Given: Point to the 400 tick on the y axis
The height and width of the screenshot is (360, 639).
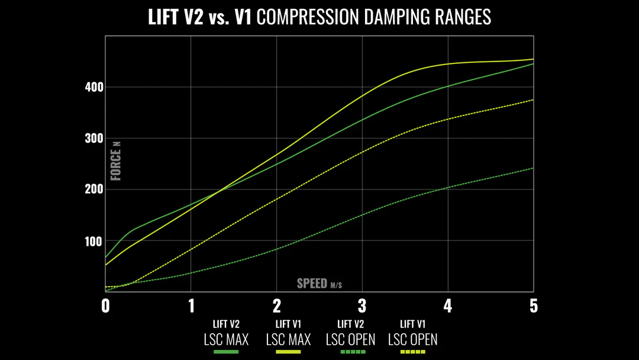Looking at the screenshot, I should coord(94,88).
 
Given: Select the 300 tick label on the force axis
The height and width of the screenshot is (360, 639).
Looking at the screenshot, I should coord(94,139).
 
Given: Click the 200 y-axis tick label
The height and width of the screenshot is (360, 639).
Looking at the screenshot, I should coord(94,189).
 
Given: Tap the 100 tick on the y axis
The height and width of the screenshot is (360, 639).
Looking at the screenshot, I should coord(94,241).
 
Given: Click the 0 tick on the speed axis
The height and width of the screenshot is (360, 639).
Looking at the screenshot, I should coord(106,306).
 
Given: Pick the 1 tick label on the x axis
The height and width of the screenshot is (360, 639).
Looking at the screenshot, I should coord(191,306).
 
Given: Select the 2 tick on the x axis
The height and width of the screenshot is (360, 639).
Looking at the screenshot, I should coord(277,306).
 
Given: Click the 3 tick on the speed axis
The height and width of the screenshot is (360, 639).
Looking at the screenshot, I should coord(362,306).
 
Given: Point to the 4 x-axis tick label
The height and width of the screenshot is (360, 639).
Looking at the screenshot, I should coord(448,306).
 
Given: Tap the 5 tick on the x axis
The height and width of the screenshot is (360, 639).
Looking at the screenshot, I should coord(534,306).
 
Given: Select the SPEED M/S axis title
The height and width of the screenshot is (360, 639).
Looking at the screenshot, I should coord(319,284).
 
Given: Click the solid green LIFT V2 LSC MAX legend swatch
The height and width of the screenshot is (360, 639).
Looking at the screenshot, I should coord(226,352).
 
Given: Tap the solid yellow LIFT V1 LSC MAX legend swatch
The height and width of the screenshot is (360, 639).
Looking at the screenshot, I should coord(288,352).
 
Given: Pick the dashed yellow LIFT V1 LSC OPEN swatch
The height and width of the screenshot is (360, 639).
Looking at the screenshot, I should coord(412,352).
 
